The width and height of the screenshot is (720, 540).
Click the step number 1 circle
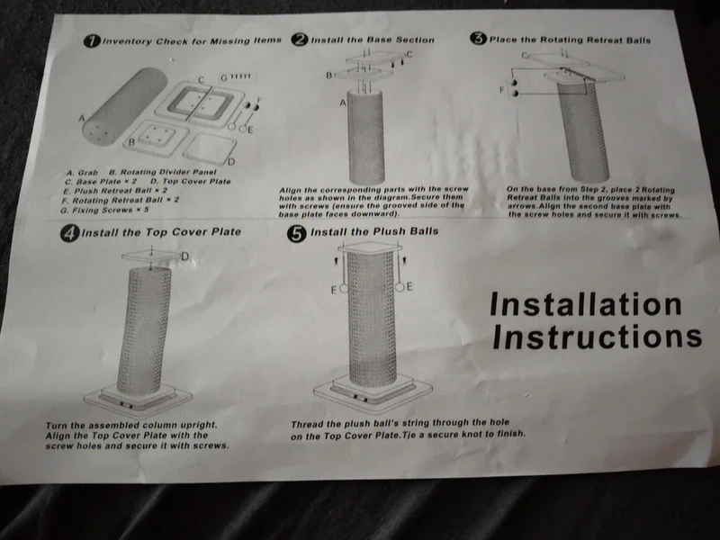92,40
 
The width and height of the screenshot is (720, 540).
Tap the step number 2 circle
300,40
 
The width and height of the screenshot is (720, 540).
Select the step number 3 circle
479,38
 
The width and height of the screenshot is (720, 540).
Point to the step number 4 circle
69,234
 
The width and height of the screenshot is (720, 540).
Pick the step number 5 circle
297,233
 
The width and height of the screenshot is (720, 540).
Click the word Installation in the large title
586,304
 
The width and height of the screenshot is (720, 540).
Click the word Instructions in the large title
597,337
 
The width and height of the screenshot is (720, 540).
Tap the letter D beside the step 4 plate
185,256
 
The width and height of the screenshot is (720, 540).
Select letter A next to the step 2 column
343,103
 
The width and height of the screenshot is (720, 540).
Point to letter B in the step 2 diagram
328,75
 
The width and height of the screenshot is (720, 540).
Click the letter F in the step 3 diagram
502,90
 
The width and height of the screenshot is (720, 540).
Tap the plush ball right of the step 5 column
400,287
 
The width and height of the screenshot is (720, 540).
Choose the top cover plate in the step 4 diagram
151,256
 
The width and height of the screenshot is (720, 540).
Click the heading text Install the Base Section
373,40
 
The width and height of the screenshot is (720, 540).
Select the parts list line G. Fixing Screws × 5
104,211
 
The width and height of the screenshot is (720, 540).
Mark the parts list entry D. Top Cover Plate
191,182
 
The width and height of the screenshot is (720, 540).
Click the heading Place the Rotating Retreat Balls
570,40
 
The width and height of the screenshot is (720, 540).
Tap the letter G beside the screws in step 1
224,77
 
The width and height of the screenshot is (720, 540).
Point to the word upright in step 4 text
198,426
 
